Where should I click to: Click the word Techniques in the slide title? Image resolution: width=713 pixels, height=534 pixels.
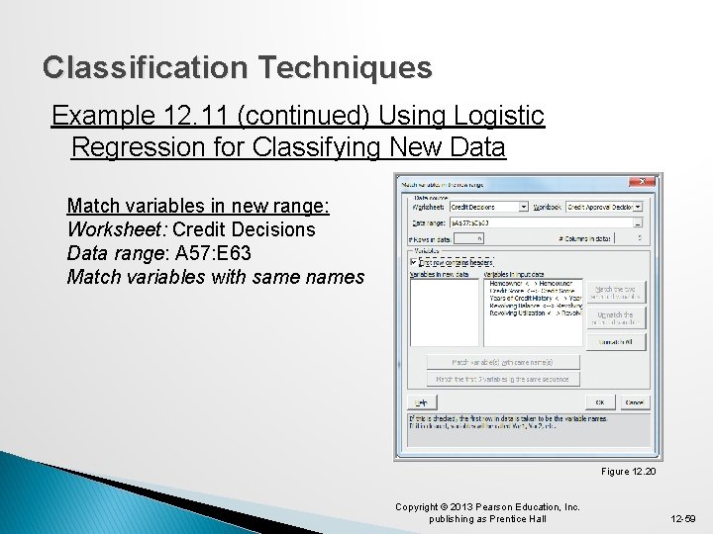pyautogui.click(x=345, y=67)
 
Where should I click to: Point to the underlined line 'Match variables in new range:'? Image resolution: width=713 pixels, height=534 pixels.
pyautogui.click(x=197, y=206)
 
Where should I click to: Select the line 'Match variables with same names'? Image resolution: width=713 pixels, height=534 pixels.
pyautogui.click(x=215, y=277)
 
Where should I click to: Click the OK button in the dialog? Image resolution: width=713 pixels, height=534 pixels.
pyautogui.click(x=600, y=402)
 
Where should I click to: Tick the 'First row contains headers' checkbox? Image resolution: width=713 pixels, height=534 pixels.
pyautogui.click(x=414, y=262)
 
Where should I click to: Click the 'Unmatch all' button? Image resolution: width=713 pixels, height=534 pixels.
pyautogui.click(x=615, y=341)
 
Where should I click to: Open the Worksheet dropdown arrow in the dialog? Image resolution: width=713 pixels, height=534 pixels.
pyautogui.click(x=523, y=207)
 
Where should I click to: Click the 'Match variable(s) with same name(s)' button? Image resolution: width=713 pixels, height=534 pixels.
pyautogui.click(x=503, y=362)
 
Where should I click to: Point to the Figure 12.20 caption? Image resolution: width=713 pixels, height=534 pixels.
pyautogui.click(x=628, y=472)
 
